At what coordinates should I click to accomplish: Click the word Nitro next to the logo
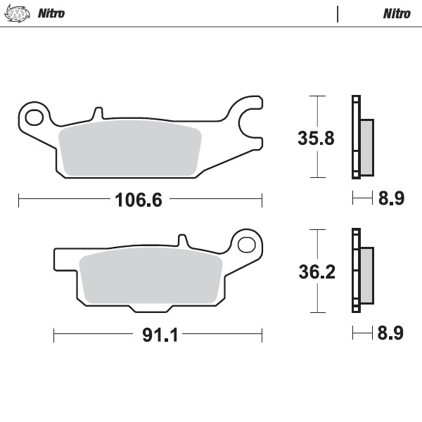(x=51, y=13)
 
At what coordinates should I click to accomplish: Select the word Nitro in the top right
(x=397, y=13)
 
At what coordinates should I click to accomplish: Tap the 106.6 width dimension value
(x=139, y=200)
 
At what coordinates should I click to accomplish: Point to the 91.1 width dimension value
(x=158, y=335)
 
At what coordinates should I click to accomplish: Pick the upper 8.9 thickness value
(x=390, y=200)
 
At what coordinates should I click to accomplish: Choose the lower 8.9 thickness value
(x=390, y=334)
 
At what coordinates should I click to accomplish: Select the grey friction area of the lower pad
(x=151, y=278)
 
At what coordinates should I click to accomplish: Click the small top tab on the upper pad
(x=98, y=113)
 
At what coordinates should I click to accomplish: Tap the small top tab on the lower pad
(x=183, y=241)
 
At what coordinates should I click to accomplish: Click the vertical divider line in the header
(x=338, y=13)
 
